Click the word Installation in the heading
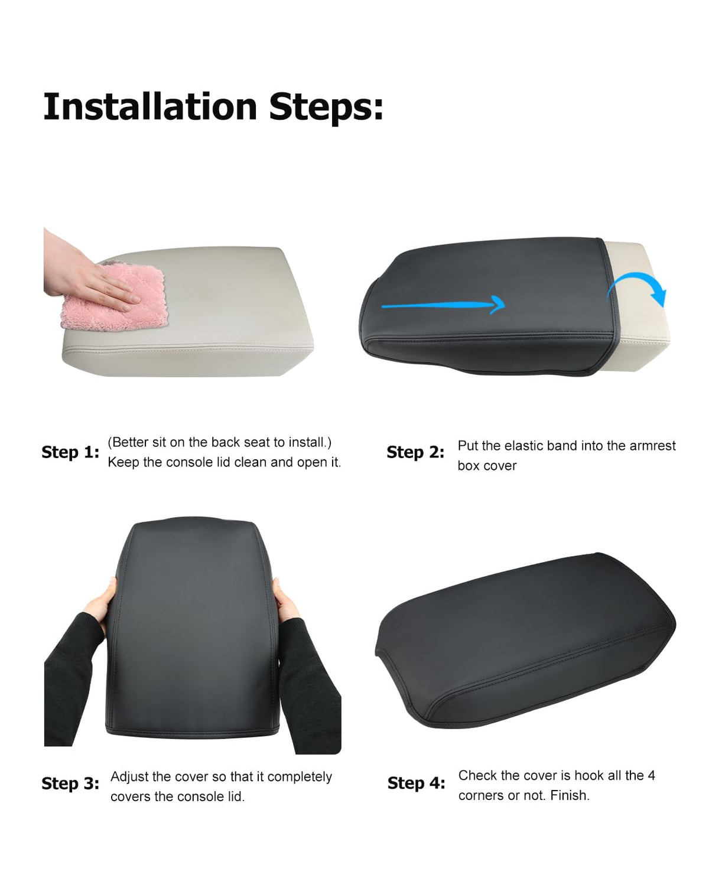pyautogui.click(x=150, y=106)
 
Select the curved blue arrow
pyautogui.click(x=638, y=288)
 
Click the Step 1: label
pyautogui.click(x=70, y=452)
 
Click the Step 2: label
pyautogui.click(x=415, y=452)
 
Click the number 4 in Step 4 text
pyautogui.click(x=651, y=775)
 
